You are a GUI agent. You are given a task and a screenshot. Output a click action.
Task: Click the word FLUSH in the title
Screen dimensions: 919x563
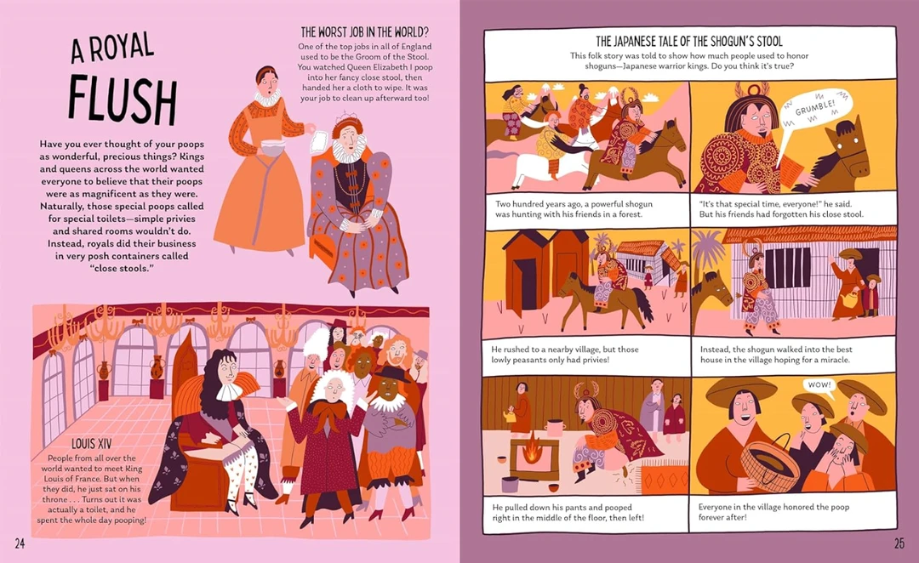(x=123, y=100)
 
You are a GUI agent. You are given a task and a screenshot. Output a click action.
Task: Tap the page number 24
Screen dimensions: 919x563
(x=20, y=543)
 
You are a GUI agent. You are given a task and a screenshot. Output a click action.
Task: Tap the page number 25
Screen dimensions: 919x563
(x=899, y=543)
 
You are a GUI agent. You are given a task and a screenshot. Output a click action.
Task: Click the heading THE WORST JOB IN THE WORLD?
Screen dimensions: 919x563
(x=364, y=31)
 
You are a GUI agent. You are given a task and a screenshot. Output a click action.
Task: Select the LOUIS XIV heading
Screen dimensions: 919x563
(x=91, y=443)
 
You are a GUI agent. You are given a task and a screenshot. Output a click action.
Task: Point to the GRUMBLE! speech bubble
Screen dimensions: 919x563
(x=814, y=110)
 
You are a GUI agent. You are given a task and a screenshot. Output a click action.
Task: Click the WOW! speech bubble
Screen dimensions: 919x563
(x=819, y=385)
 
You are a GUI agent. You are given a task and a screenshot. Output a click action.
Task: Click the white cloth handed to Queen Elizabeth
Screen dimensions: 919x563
(x=320, y=144)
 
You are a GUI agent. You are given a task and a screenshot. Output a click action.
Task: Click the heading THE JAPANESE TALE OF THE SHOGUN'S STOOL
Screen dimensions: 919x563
(x=688, y=41)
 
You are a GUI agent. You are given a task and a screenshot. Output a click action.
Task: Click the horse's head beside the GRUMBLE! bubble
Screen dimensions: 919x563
(x=845, y=150)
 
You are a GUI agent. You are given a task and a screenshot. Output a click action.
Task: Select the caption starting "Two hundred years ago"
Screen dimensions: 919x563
(x=574, y=209)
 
